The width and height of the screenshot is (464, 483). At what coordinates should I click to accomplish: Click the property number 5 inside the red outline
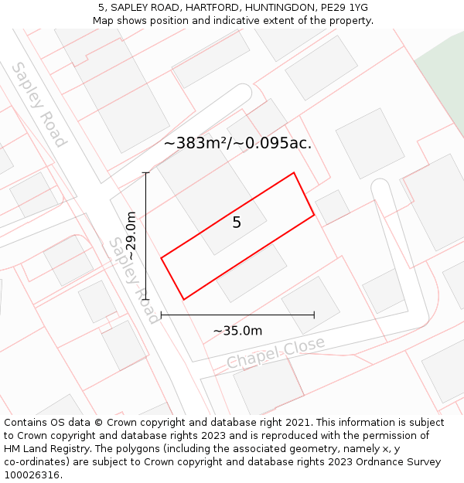pyautogui.click(x=237, y=223)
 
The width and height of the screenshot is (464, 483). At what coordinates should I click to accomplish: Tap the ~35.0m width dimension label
pyautogui.click(x=237, y=332)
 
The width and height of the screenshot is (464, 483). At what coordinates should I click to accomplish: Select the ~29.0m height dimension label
pyautogui.click(x=131, y=236)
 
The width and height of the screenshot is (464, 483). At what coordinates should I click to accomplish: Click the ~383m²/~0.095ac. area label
pyautogui.click(x=237, y=143)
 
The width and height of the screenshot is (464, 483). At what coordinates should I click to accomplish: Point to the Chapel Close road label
pyautogui.click(x=275, y=353)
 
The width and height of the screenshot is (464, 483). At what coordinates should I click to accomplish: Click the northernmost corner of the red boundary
pyautogui.click(x=294, y=173)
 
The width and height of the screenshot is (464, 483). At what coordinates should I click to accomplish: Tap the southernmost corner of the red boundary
pyautogui.click(x=183, y=299)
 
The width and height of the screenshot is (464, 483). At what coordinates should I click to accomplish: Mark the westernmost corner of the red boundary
pyautogui.click(x=161, y=258)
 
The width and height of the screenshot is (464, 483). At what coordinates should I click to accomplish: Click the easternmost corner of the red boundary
pyautogui.click(x=314, y=215)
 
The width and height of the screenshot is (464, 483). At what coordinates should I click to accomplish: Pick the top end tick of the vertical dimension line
pyautogui.click(x=146, y=173)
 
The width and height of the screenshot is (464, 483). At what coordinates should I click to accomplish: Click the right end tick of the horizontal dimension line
pyautogui.click(x=314, y=315)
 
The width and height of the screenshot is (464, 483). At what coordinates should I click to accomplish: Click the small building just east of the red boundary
pyautogui.click(x=333, y=206)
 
